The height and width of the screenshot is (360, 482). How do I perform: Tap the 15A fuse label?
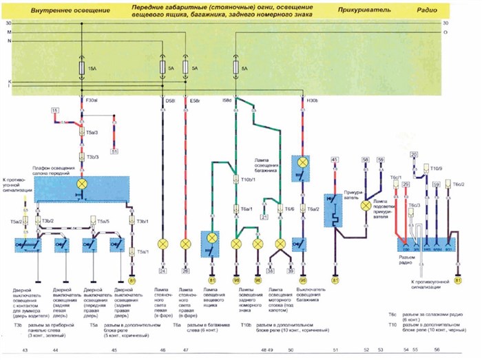click(x=92, y=69)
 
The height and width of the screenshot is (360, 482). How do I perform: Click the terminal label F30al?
click(x=92, y=100)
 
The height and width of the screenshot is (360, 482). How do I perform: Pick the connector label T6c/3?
click(x=414, y=204)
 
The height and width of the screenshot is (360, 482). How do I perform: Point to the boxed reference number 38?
click(x=270, y=271)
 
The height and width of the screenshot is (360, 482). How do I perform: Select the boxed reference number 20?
click(x=413, y=154)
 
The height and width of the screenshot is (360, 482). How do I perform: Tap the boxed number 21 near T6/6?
click(x=264, y=218)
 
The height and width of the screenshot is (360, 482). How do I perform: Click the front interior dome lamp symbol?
click(x=82, y=185)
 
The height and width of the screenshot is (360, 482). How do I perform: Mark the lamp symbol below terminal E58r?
click(x=185, y=244)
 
